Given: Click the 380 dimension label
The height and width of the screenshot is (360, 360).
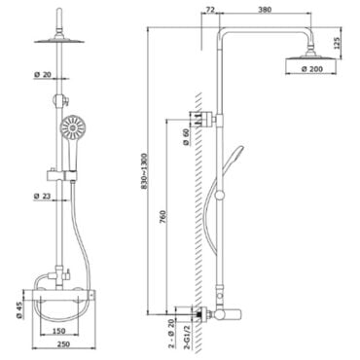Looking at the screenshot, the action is (x=265, y=10).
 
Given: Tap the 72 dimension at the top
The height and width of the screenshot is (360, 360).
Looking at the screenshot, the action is (x=210, y=10).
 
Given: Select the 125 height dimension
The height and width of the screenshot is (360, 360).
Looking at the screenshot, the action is (x=337, y=43).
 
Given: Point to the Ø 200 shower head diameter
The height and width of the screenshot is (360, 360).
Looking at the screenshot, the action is (x=311, y=69).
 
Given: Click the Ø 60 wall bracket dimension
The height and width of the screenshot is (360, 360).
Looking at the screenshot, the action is (x=186, y=137).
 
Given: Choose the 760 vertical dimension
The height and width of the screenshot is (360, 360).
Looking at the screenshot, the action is (x=162, y=217).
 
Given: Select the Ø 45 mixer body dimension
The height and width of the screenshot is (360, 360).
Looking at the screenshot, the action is (x=18, y=309).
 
